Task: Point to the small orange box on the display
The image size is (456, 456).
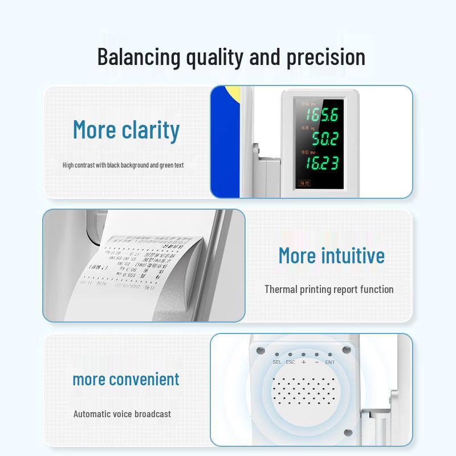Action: click(306, 184)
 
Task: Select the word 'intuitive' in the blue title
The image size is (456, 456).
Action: click(352, 255)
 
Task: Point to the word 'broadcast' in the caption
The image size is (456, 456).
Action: click(150, 414)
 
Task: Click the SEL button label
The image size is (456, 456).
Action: click(277, 362)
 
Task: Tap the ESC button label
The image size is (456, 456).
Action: click(291, 362)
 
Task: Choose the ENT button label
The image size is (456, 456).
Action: click(330, 362)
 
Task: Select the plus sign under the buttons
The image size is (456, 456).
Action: click(304, 362)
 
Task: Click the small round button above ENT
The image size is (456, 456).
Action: click(330, 354)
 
